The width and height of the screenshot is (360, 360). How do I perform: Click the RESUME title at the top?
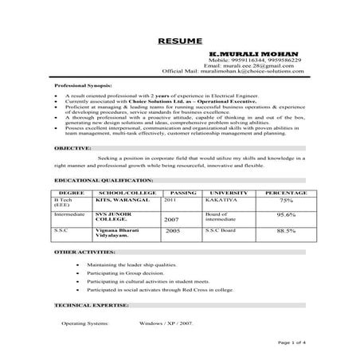[x=179, y=40]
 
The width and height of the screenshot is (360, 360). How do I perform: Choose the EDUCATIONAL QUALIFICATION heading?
[x=99, y=182]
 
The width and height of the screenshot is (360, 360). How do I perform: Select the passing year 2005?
[x=173, y=229]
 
